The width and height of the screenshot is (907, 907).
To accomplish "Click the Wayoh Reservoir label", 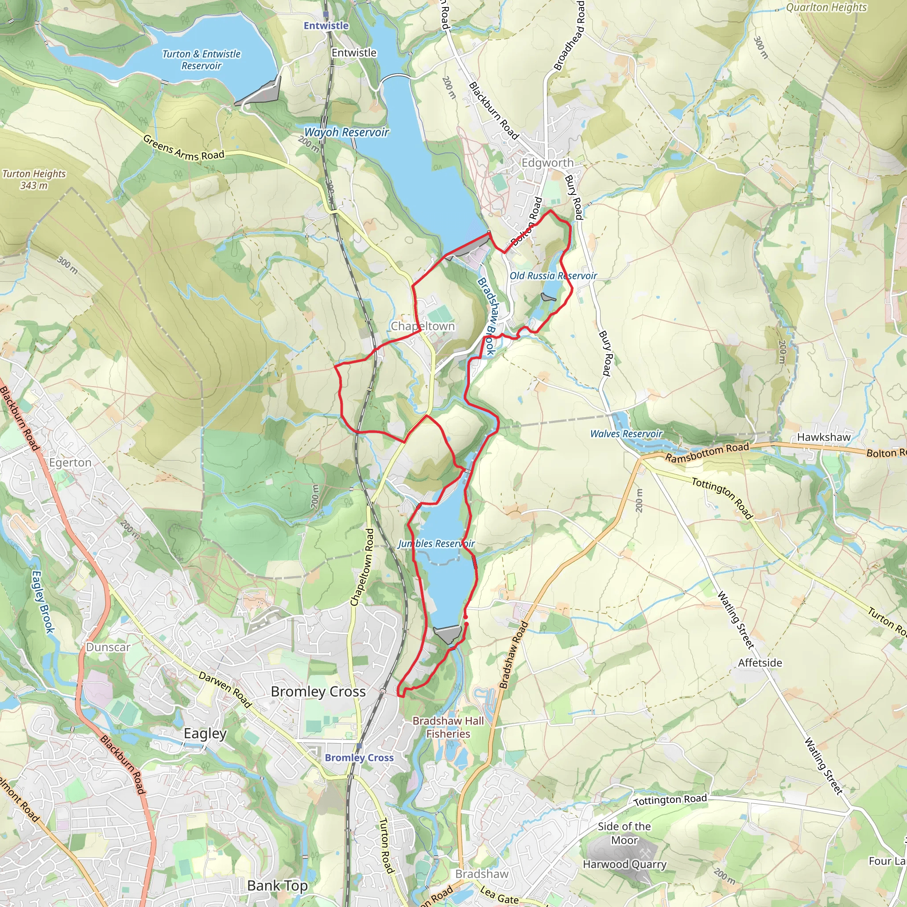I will tap(346, 132).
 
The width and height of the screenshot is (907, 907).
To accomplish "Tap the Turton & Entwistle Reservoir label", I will tap(201, 60).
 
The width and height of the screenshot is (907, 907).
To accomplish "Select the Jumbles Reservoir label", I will tap(436, 544).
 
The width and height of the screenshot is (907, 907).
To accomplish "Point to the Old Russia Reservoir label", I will tap(553, 276).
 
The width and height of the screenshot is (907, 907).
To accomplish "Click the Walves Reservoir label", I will tap(626, 434).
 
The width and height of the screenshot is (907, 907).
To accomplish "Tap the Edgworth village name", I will tap(547, 163).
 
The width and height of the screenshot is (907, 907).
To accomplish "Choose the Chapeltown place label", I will tap(422, 326).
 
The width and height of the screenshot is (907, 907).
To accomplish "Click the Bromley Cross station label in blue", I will tap(359, 757).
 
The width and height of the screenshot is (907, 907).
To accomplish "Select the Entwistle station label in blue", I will tap(326, 26).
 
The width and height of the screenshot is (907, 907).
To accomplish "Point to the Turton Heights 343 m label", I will tap(34, 179).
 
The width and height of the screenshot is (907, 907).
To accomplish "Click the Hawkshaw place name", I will tap(823, 437).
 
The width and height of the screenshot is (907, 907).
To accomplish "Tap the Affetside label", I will tap(760, 663).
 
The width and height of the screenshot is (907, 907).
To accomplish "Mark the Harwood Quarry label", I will tap(624, 864).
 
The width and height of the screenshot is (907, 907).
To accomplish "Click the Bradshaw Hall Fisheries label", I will tap(448, 727).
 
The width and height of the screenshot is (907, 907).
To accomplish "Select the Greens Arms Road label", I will tap(183, 147).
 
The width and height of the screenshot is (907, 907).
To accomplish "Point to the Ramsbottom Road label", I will tap(707, 453).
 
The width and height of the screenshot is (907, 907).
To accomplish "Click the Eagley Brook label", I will tap(43, 601).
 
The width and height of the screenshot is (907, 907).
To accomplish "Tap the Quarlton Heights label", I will tap(826, 8).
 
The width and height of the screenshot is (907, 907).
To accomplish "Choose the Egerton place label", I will tap(70, 463).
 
